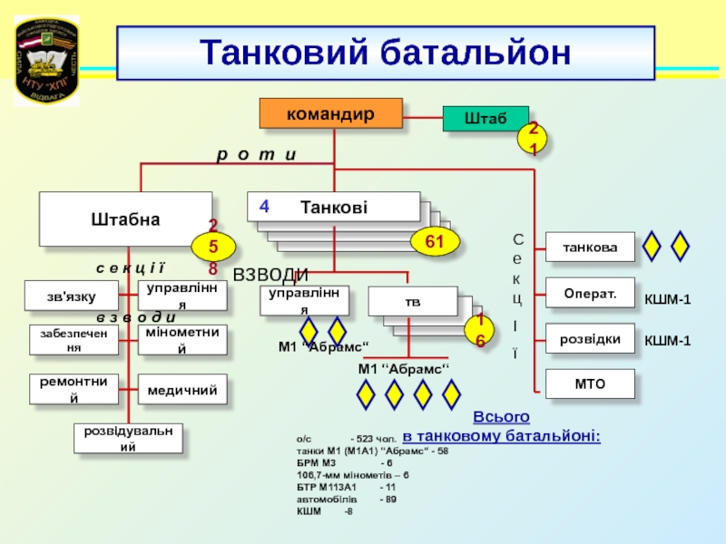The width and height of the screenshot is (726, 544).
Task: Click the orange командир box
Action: (x=331, y=113)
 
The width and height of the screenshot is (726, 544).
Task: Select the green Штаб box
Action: (x=484, y=120)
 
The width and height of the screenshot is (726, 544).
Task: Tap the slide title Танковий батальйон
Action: (x=386, y=53)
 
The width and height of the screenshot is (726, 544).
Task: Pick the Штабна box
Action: (x=125, y=219)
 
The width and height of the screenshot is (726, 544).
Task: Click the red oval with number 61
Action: (x=436, y=241)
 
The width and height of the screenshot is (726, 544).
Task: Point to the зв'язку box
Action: (x=72, y=295)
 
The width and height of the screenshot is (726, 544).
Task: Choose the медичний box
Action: (x=182, y=390)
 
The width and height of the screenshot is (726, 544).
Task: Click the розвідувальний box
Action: (x=128, y=438)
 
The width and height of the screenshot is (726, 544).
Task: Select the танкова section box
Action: (x=589, y=247)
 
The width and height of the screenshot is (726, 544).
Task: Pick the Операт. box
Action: (x=589, y=294)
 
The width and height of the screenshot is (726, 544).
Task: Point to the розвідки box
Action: (x=589, y=339)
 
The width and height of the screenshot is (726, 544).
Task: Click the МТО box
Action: (x=589, y=384)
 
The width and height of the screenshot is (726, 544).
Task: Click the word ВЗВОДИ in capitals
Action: (x=271, y=275)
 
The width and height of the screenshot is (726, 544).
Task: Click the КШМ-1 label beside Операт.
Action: (x=668, y=299)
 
